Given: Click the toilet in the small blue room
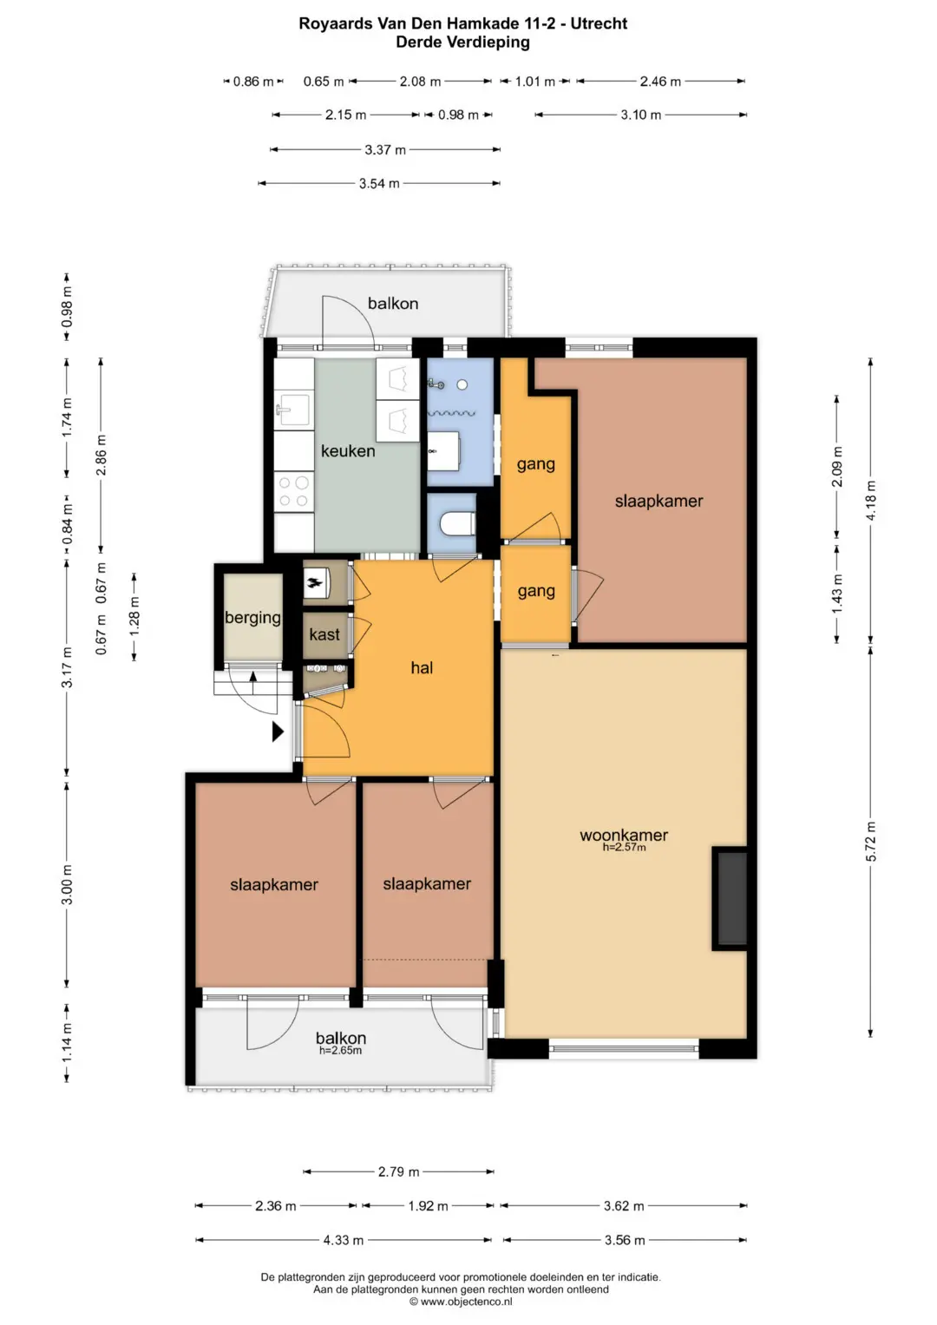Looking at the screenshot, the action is [458, 523].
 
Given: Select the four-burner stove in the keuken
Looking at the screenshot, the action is [293, 491].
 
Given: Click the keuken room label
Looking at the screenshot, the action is [348, 450].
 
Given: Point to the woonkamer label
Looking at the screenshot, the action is [624, 835].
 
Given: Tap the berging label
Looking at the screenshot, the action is [252, 618].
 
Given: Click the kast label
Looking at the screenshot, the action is [324, 634].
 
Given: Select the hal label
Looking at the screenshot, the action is [422, 667].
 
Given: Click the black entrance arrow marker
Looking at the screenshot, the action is [278, 731].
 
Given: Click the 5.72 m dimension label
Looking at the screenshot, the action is [870, 841].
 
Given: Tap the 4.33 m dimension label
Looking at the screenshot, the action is [343, 1240].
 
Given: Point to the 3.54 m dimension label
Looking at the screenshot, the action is [379, 183].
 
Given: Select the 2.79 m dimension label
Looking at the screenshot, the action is [399, 1171].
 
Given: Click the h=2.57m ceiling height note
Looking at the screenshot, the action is [624, 847].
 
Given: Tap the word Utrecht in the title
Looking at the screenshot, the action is [599, 23].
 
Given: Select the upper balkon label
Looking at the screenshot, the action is [393, 304].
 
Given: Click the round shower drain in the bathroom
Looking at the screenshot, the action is [462, 384].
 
